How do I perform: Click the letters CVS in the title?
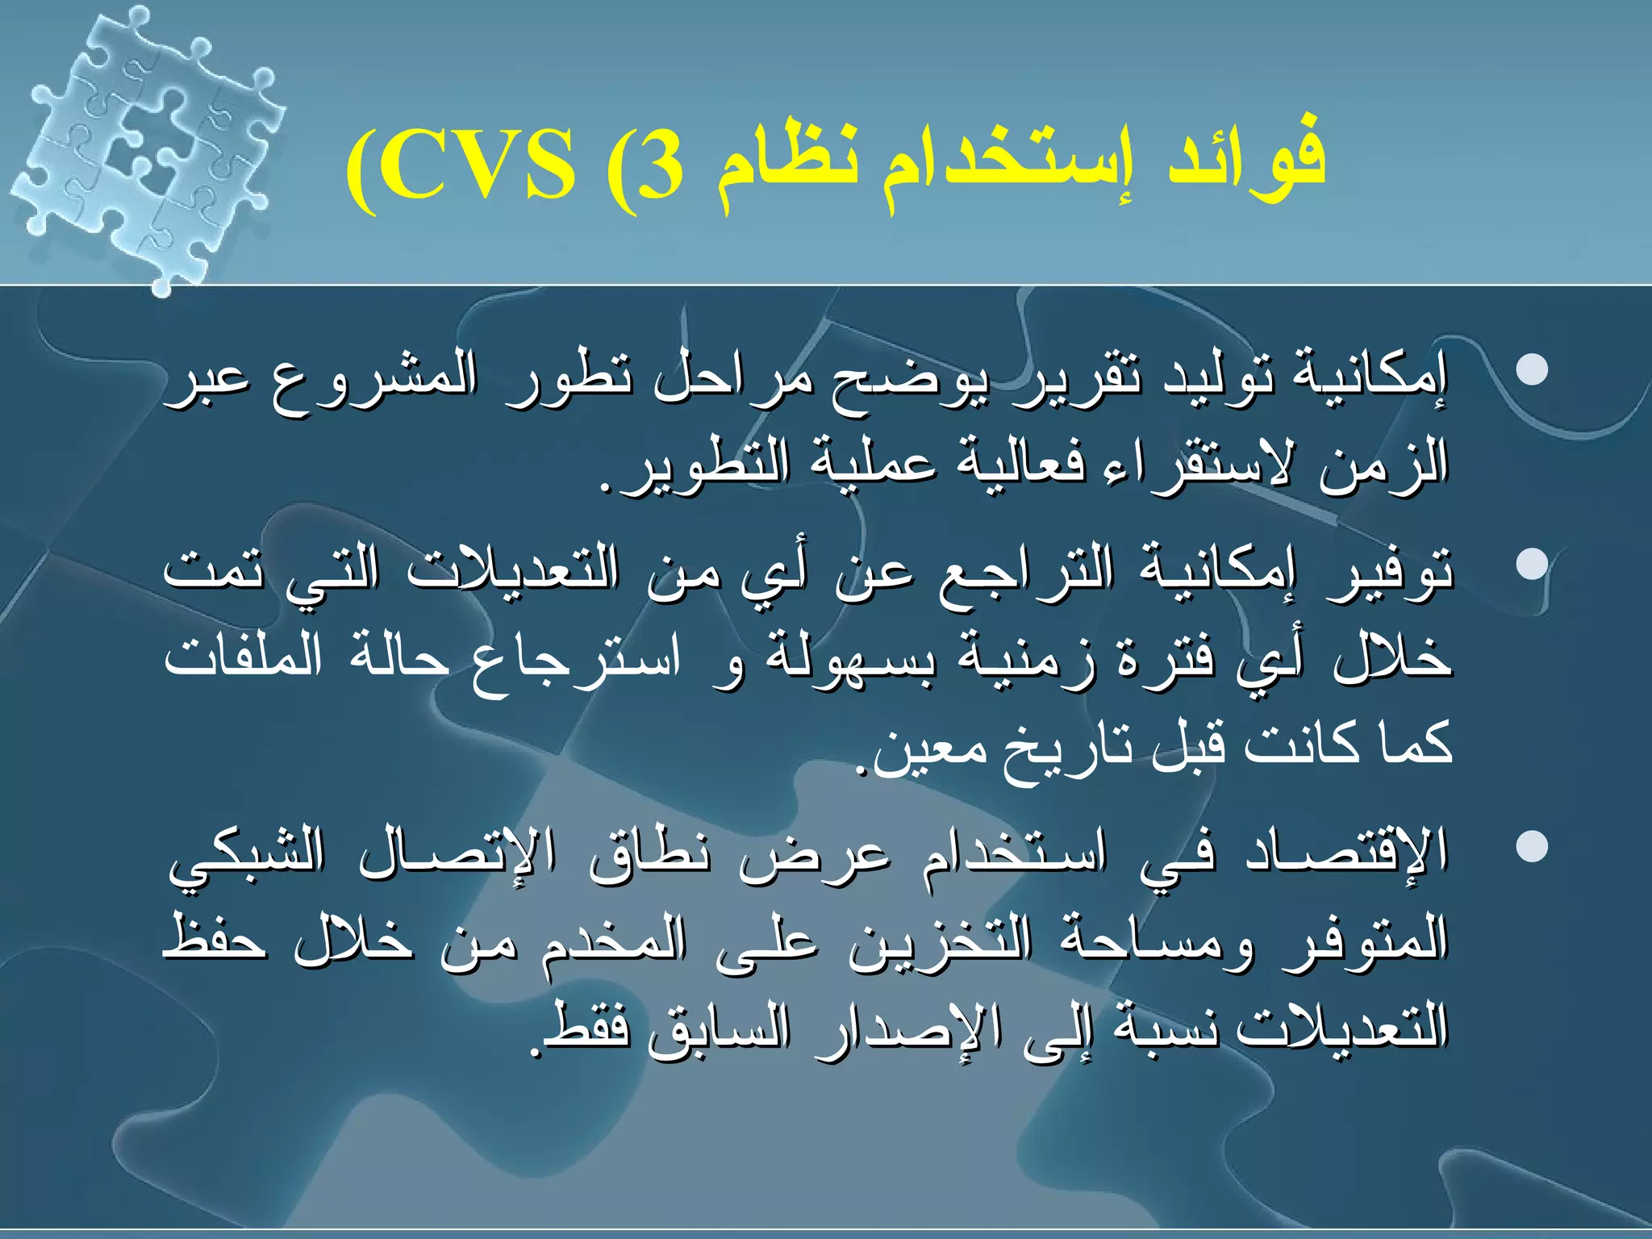(x=476, y=169)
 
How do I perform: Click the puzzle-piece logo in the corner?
(x=149, y=141)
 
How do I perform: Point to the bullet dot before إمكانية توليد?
(x=1532, y=370)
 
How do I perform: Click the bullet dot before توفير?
(x=1532, y=564)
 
